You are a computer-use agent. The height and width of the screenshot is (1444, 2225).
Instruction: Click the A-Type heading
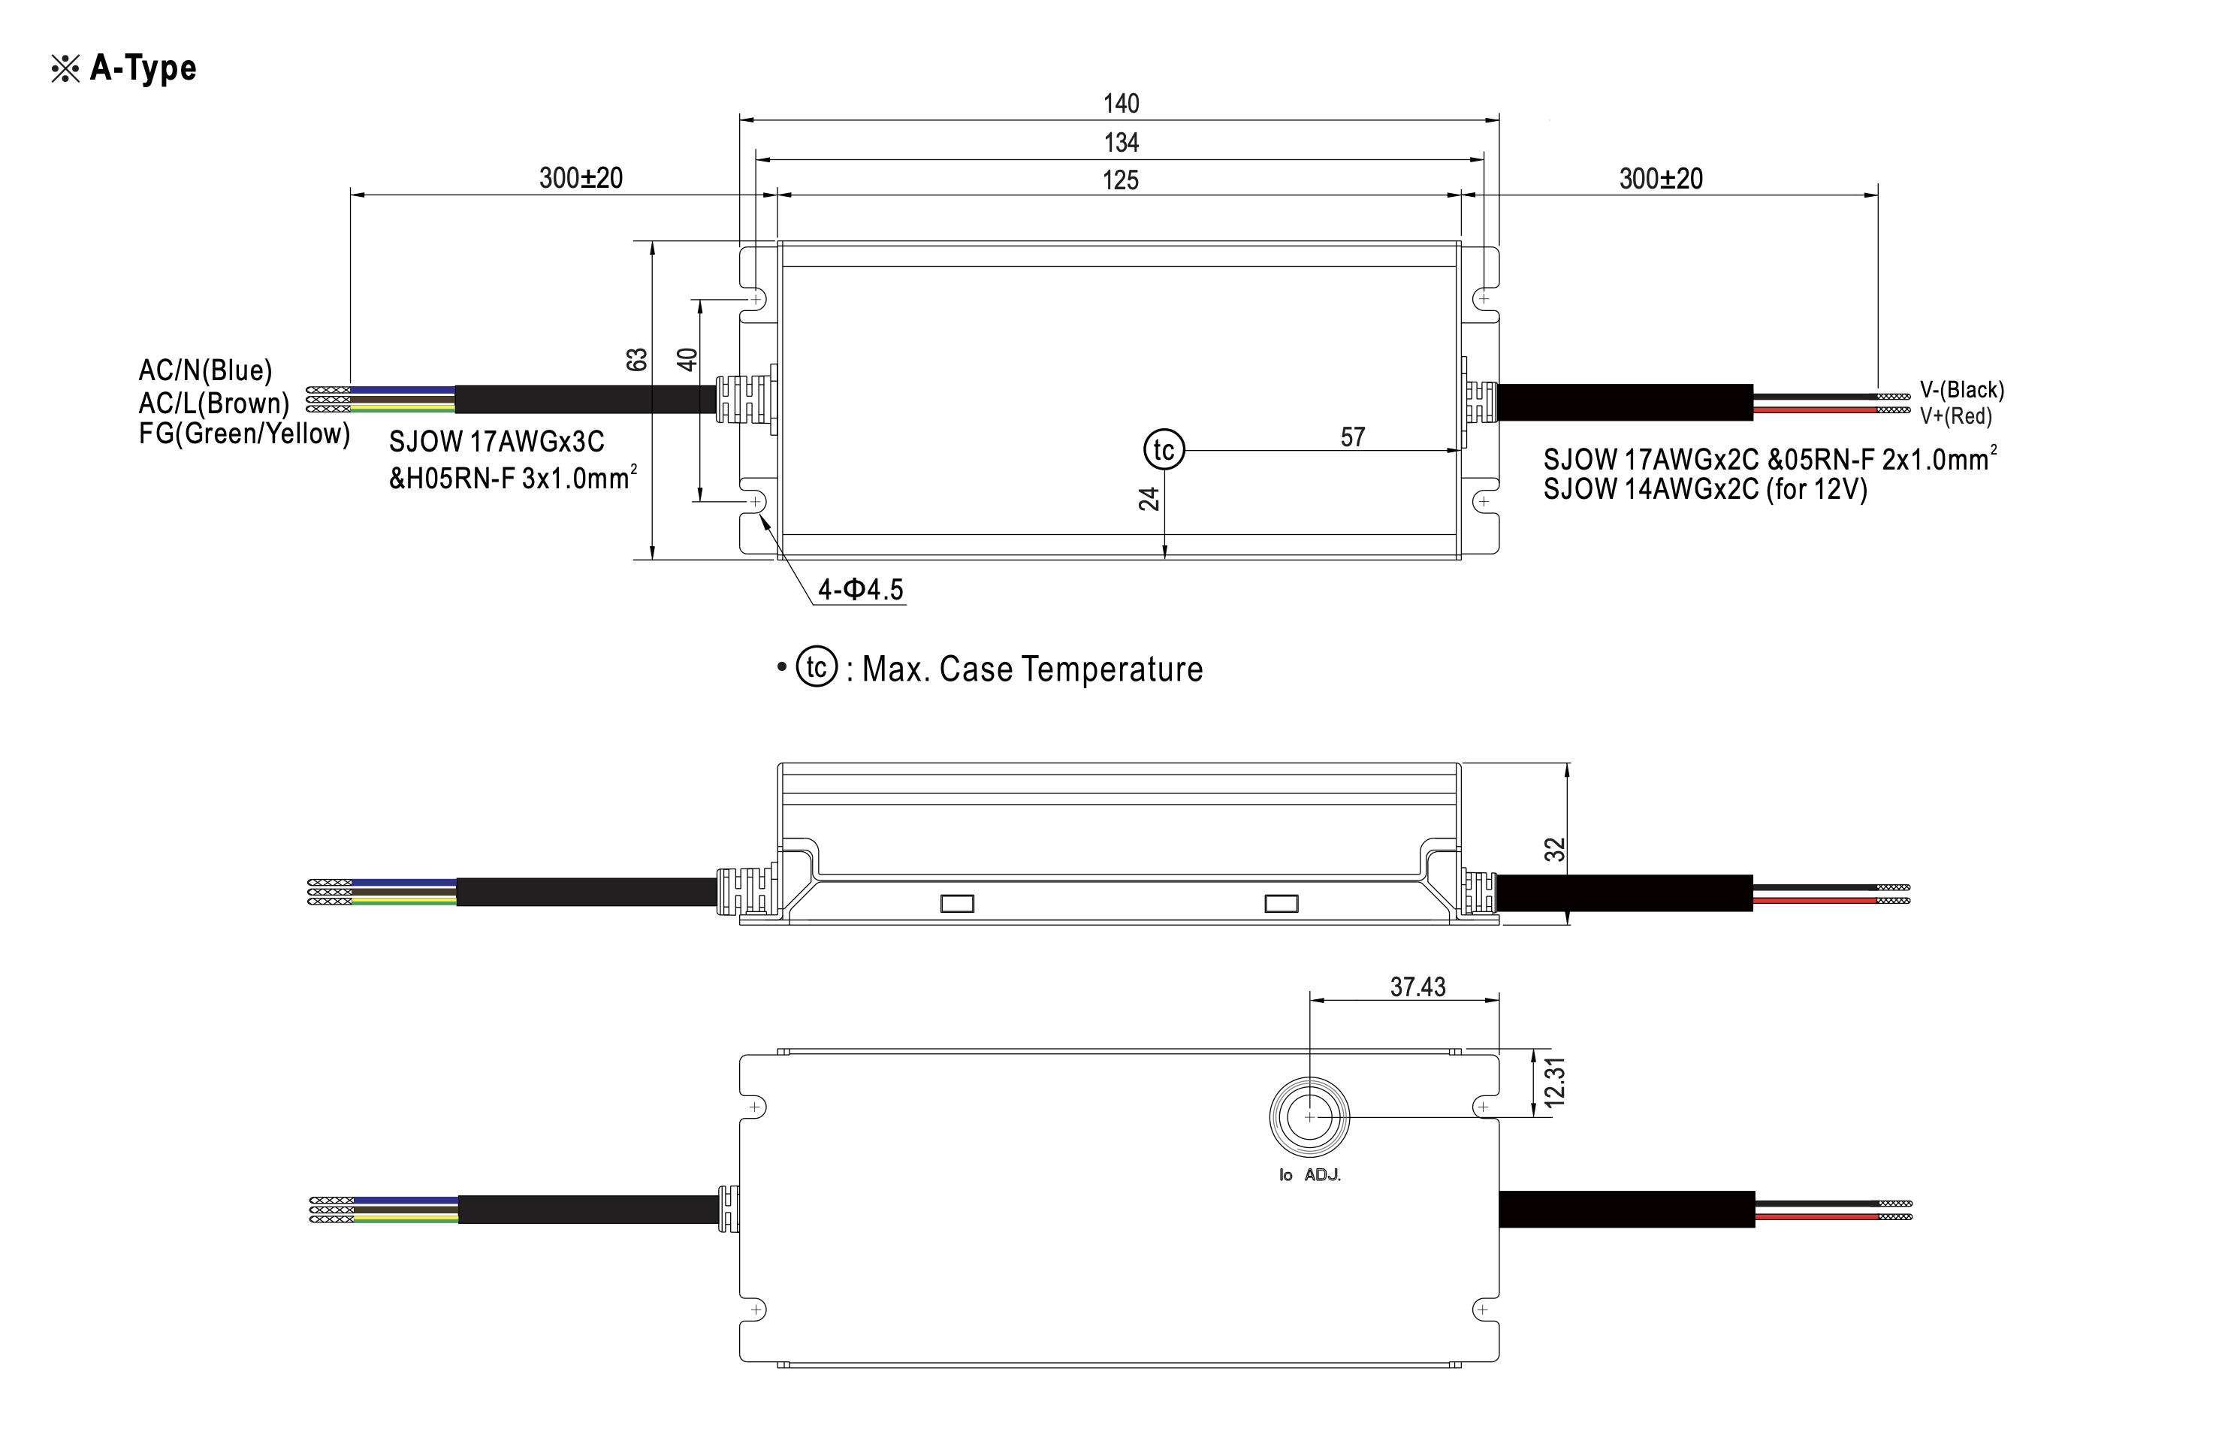pos(143,68)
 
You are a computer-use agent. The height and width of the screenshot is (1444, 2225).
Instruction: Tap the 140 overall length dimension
pos(1121,104)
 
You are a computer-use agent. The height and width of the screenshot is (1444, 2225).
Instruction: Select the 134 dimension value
pos(1121,143)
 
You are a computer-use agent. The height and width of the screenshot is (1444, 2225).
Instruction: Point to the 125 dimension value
pos(1120,180)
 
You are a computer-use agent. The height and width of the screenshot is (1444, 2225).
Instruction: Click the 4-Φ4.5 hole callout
pos(860,589)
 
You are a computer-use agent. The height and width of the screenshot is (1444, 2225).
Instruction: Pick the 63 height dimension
pos(637,359)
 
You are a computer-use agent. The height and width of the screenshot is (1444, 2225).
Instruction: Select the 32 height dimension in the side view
pos(1553,849)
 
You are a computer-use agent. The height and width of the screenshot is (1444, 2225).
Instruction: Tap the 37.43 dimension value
pos(1417,986)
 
